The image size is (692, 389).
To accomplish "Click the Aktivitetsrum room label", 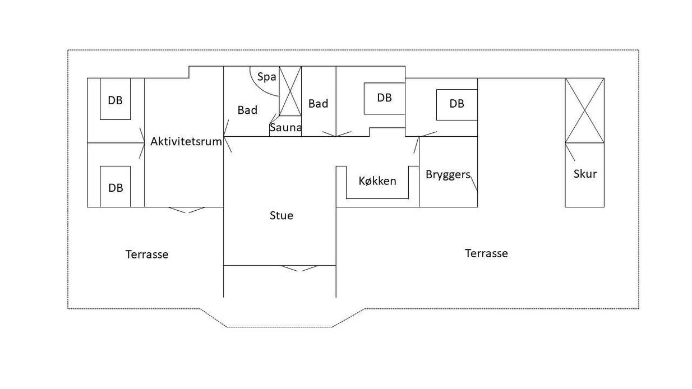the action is pos(186,142).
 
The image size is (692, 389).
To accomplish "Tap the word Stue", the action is pos(282,215).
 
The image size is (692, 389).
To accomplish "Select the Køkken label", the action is pos(377,181).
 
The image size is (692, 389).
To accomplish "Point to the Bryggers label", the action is pos(448,175).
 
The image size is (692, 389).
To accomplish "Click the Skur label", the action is pos(585,174).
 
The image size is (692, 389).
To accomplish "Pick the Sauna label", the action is pos(285,127).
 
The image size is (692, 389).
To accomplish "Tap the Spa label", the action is pos(266,77).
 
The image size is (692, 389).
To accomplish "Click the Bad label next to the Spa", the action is pos(247,110).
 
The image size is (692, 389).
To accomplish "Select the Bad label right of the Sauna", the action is pos(318,104).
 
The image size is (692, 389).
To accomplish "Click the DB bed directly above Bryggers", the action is pos(457,105).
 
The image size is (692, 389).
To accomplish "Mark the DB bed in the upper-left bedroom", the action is pos(115,99).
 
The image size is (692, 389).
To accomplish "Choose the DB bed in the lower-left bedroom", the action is pos(115,187).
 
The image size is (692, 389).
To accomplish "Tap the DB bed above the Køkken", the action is pos(384,99).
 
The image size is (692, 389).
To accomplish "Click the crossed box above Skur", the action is pos(584,110).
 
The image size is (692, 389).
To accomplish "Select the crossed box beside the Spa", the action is pos(290,91).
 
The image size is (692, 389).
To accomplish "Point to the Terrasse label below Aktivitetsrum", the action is pos(147,254).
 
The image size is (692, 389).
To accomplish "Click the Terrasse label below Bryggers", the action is pos(487,253).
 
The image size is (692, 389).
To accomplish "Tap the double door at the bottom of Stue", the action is pos(299,268).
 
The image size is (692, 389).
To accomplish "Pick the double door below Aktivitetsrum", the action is pos(187,210).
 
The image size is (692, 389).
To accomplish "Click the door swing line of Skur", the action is pos(570,152).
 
